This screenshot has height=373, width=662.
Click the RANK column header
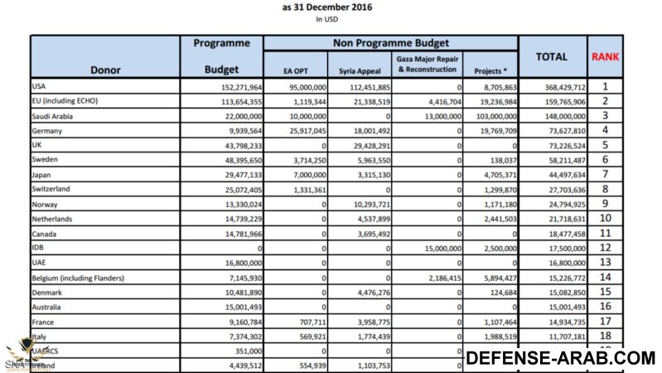pos(606,57)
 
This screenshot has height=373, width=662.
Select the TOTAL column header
pos(551,57)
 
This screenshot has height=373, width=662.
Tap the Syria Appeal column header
pos(360,70)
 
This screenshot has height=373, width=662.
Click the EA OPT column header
pos(295,70)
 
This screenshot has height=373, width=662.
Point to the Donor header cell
pos(104,70)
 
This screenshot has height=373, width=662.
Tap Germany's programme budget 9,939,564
pos(239,130)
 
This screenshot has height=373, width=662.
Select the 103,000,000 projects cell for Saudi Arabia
pos(492,116)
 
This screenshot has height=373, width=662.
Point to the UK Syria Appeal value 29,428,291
pos(366,145)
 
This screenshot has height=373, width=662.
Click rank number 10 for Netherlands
pos(606,218)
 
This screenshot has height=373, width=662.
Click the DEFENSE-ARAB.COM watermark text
pos(559,358)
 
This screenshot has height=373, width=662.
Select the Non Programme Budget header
pos(390,42)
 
